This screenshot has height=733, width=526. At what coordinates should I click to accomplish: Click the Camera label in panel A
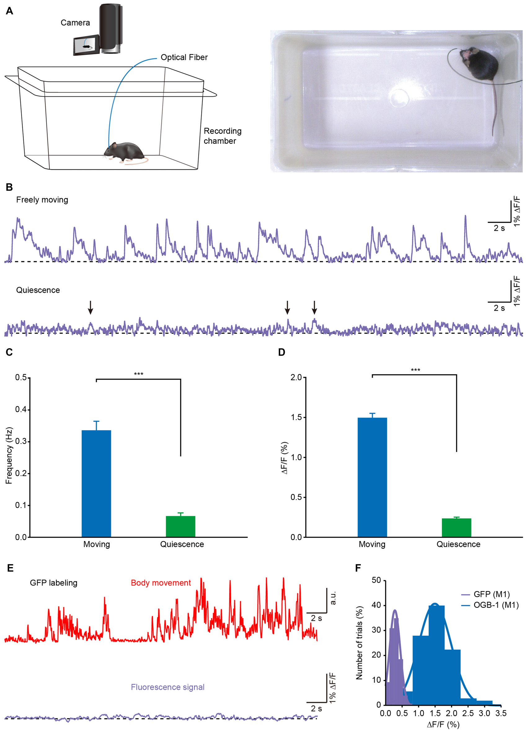coord(75,23)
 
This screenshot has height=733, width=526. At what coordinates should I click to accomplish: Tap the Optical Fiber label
coord(184,57)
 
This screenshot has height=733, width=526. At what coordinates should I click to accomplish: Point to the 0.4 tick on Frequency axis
coord(22,409)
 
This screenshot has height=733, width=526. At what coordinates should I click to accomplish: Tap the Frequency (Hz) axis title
coord(9,455)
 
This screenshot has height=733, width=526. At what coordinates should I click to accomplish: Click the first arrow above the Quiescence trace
coord(91,307)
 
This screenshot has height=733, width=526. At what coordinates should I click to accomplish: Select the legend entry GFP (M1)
coord(492,594)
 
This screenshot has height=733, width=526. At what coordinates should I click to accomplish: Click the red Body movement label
coord(161,583)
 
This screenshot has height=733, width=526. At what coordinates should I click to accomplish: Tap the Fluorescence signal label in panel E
coord(168,687)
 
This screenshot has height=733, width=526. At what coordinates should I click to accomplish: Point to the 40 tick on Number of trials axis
coord(377,605)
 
